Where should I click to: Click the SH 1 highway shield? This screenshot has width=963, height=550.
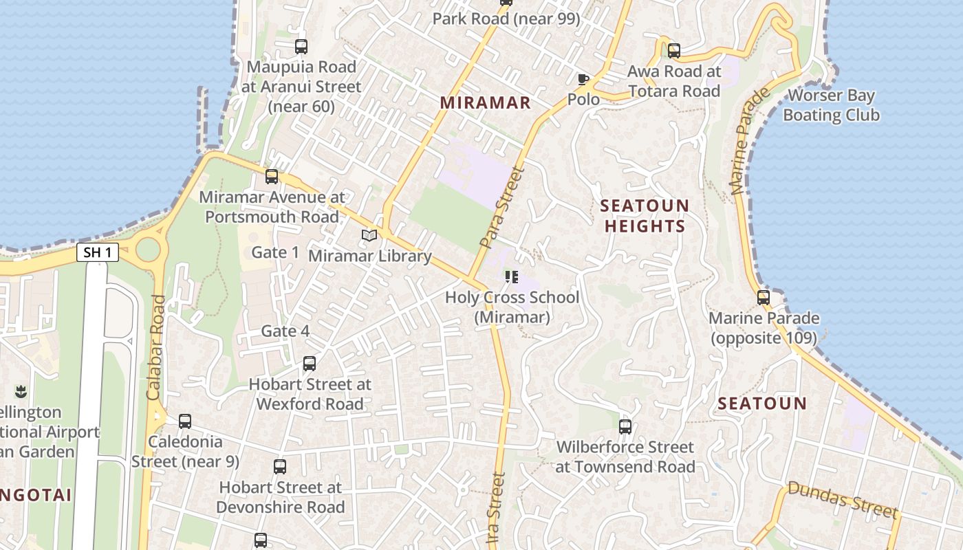[x=97, y=253]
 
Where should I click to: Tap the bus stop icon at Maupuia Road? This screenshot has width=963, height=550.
[x=301, y=47]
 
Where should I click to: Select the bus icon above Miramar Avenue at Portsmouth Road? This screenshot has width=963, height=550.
[x=272, y=177]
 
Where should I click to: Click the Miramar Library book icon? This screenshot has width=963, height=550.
[x=369, y=236]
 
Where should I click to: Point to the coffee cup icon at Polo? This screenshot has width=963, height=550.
[x=583, y=79]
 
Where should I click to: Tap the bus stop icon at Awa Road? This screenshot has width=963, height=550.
[x=673, y=50]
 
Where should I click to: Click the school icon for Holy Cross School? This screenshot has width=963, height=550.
[x=511, y=277]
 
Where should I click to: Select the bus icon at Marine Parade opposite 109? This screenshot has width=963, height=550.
[x=763, y=298]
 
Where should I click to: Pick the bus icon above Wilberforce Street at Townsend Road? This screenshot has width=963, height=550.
[x=625, y=426]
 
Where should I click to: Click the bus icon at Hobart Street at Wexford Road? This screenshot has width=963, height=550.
[x=310, y=364]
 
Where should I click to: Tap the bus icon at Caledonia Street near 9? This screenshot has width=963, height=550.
[x=185, y=421]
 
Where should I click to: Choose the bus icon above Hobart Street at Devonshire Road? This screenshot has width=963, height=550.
[x=279, y=467]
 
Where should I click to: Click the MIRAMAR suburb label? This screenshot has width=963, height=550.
[x=485, y=103]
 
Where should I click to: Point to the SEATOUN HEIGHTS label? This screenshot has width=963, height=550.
[x=644, y=216]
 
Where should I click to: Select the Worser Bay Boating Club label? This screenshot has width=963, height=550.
[x=831, y=105]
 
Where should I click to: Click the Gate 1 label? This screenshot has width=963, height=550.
[x=275, y=252]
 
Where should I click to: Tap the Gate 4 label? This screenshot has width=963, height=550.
[x=285, y=331]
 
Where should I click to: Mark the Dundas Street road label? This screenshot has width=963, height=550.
[x=843, y=499]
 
